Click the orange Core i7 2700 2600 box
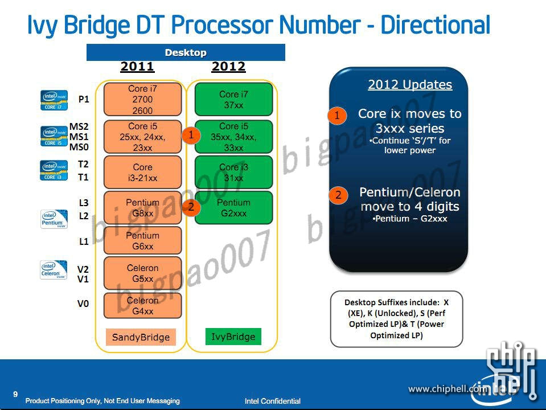point(142,99)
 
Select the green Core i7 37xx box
point(233,99)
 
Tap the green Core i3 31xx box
point(233,172)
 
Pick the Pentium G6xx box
point(142,240)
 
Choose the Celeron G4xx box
point(142,305)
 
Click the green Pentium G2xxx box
point(233,207)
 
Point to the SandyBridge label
point(141,337)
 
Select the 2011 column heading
point(137,67)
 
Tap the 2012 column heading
point(228,67)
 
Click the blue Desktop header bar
point(186,52)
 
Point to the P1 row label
point(84,99)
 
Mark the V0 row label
point(83,304)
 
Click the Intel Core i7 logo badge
point(55,100)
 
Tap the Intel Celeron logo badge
point(54,270)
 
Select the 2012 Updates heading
point(410,85)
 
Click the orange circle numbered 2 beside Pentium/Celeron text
point(338,195)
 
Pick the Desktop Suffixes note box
point(396,319)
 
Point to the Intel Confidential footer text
point(272,401)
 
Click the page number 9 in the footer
point(15,393)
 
